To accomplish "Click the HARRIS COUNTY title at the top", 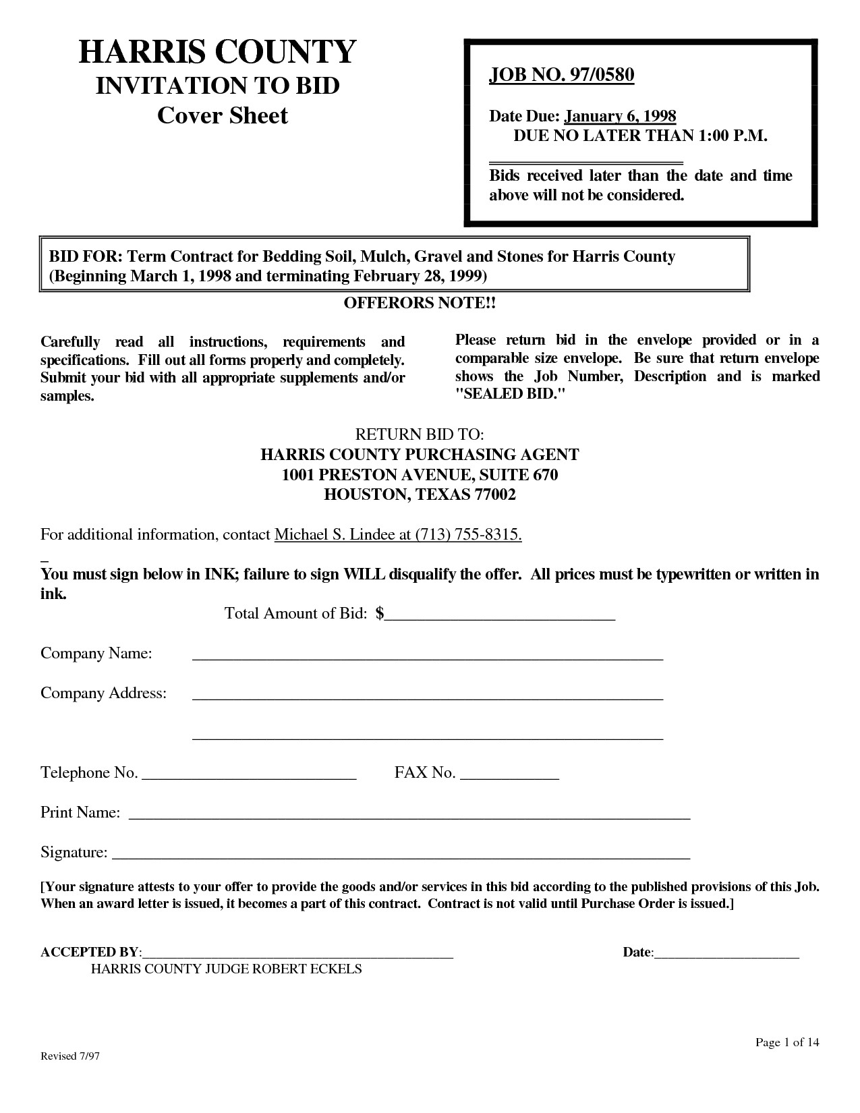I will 217,52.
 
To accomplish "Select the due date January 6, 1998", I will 620,116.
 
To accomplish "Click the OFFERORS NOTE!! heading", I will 420,303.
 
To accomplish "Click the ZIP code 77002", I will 496,494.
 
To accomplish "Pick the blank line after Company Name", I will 428,655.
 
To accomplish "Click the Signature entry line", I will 401,855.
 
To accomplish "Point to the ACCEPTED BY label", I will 90,952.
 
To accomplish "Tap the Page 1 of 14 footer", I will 787,1043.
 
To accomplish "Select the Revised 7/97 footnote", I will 70,1056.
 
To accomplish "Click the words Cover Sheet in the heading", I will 222,115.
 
